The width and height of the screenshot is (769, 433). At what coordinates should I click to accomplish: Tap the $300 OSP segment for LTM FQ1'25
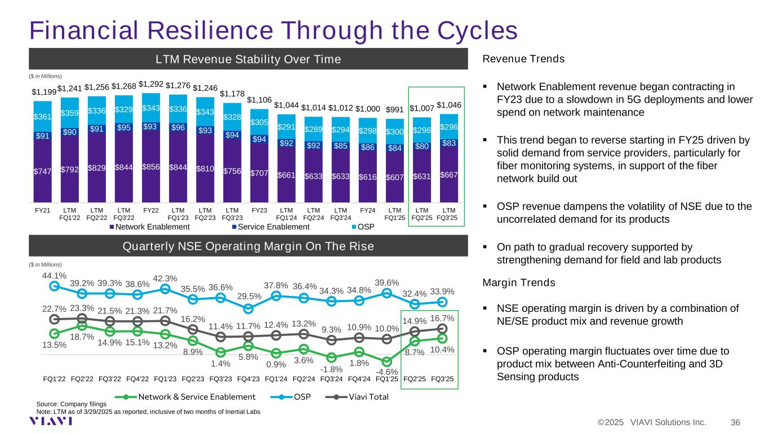tap(394, 131)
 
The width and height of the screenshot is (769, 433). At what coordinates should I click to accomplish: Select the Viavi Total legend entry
tap(361, 396)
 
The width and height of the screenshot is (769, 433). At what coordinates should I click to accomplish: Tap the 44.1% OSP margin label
tap(55, 276)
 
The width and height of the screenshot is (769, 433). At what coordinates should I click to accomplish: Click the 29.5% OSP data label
tap(248, 297)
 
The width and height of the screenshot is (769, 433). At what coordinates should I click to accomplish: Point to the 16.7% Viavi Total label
tap(442, 318)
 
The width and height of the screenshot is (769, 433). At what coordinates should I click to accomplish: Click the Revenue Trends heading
tap(524, 59)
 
